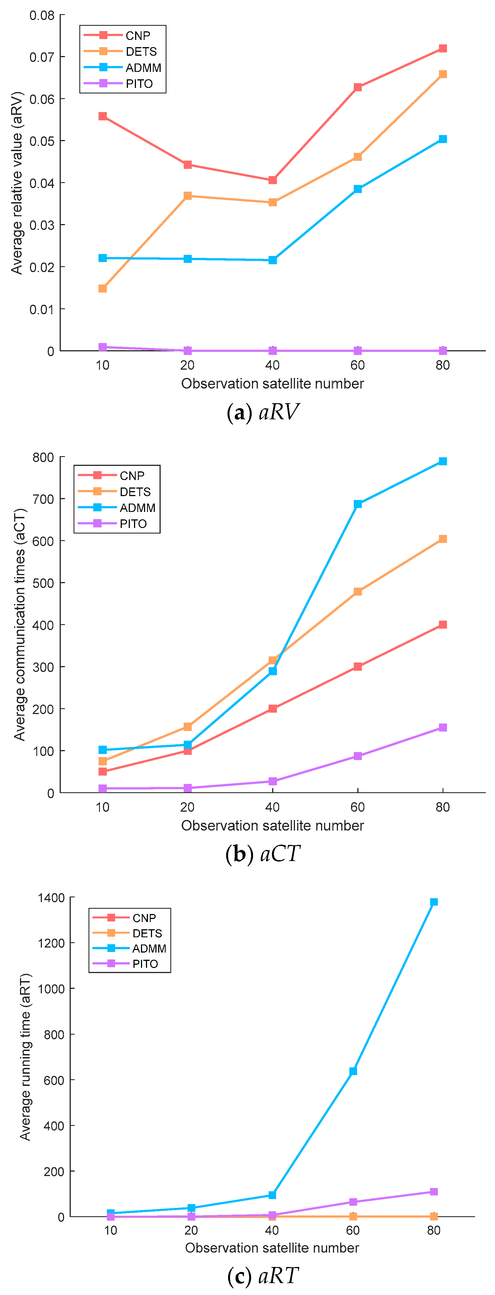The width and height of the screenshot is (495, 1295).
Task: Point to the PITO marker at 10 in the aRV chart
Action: coord(103,347)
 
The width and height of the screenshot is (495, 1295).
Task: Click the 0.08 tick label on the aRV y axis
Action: coord(42,16)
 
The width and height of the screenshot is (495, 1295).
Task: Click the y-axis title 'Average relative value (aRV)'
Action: coord(17,183)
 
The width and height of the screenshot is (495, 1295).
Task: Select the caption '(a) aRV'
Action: coord(262,412)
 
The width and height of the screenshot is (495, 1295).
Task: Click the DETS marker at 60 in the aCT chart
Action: coord(358,592)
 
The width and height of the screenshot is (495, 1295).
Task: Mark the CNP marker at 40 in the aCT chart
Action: coord(273,708)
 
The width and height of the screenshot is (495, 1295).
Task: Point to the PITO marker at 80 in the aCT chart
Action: coord(443,727)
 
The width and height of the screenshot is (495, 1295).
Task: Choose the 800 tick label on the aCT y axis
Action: coord(43,458)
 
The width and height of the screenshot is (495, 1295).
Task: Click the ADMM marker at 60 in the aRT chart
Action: coord(353,1071)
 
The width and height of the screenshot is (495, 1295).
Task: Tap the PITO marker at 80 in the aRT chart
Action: coord(434,1192)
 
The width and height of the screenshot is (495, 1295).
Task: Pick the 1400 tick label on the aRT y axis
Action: coord(51,898)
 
